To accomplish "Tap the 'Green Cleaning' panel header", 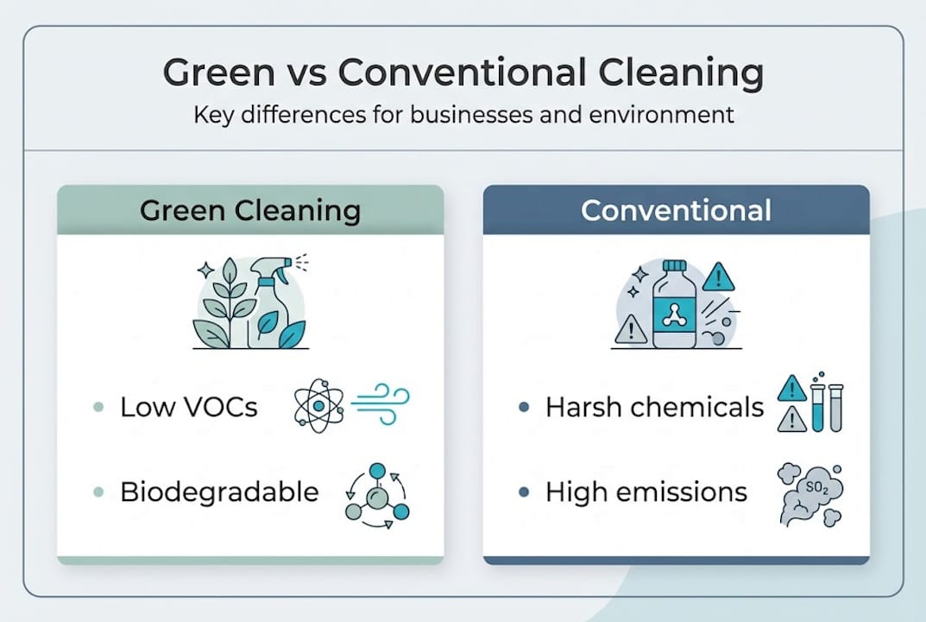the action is tap(250, 210).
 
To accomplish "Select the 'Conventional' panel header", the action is tap(677, 210).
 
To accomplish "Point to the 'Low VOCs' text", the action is tap(189, 407).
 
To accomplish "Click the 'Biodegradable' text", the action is tap(220, 492).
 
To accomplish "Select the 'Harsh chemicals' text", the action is tap(655, 407).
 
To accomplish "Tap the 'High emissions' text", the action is tap(646, 492).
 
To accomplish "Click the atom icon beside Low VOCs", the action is tap(319, 406).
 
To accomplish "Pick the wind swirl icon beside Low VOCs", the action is tap(381, 403).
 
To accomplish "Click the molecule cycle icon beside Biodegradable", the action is tap(377, 496).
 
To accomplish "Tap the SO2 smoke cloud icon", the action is tap(810, 494).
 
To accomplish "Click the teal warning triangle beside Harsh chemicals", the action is tap(792, 388).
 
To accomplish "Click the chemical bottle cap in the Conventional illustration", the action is tap(674, 265).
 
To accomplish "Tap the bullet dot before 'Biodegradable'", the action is tap(98, 492).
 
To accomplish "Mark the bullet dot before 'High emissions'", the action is tap(524, 492).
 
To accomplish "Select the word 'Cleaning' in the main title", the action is tap(681, 73).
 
